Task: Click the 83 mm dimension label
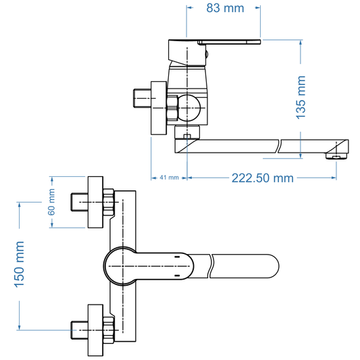pyautogui.click(x=224, y=9)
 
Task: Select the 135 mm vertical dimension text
pyautogui.click(x=301, y=97)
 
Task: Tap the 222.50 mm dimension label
pyautogui.click(x=263, y=178)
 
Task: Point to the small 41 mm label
pyautogui.click(x=168, y=178)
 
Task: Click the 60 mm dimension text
pyautogui.click(x=51, y=201)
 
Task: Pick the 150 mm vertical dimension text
pyautogui.click(x=19, y=266)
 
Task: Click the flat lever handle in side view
pyautogui.click(x=230, y=43)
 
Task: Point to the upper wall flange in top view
pyautogui.click(x=95, y=201)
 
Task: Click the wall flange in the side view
pyautogui.click(x=158, y=108)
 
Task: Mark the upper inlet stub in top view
pyautogui.click(x=79, y=201)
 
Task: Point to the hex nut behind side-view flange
pyautogui.click(x=172, y=107)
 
